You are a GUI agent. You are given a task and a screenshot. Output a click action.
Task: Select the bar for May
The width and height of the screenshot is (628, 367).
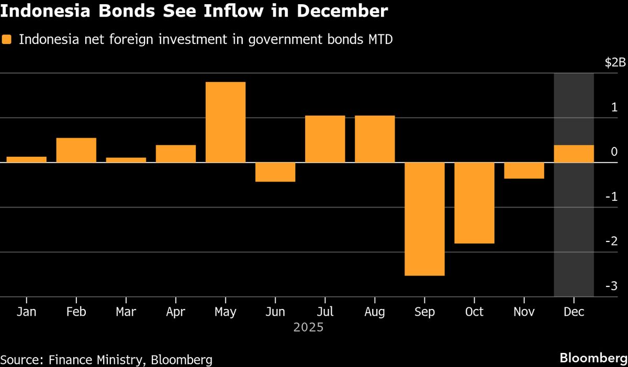(x=225, y=122)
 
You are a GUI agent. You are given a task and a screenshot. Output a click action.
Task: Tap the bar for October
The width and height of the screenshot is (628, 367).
(x=474, y=203)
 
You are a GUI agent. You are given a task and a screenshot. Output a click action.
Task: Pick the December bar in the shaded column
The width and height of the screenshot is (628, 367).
(x=574, y=154)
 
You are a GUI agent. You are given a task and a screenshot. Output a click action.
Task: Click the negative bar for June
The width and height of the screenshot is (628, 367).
(x=275, y=172)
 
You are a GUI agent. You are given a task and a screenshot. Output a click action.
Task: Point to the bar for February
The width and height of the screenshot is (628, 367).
(x=76, y=150)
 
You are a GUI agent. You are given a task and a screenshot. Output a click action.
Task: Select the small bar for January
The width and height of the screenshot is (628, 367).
(x=26, y=159)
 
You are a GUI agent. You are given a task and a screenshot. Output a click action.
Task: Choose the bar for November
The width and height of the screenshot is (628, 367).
(x=524, y=170)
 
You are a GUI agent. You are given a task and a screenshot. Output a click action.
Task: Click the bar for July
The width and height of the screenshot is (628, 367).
(x=325, y=139)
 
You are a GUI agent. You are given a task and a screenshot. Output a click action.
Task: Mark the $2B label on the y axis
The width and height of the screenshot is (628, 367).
(x=615, y=63)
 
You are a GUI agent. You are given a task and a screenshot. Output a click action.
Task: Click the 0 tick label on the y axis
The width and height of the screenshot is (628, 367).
(x=614, y=152)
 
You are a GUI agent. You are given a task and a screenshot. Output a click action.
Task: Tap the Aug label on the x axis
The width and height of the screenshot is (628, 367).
(x=375, y=312)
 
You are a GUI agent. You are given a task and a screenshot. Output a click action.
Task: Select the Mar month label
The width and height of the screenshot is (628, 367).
(x=126, y=312)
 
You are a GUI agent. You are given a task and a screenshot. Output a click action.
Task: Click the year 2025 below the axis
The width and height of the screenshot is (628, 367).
(x=308, y=328)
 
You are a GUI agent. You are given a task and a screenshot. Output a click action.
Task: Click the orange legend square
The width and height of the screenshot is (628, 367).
(x=6, y=40)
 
